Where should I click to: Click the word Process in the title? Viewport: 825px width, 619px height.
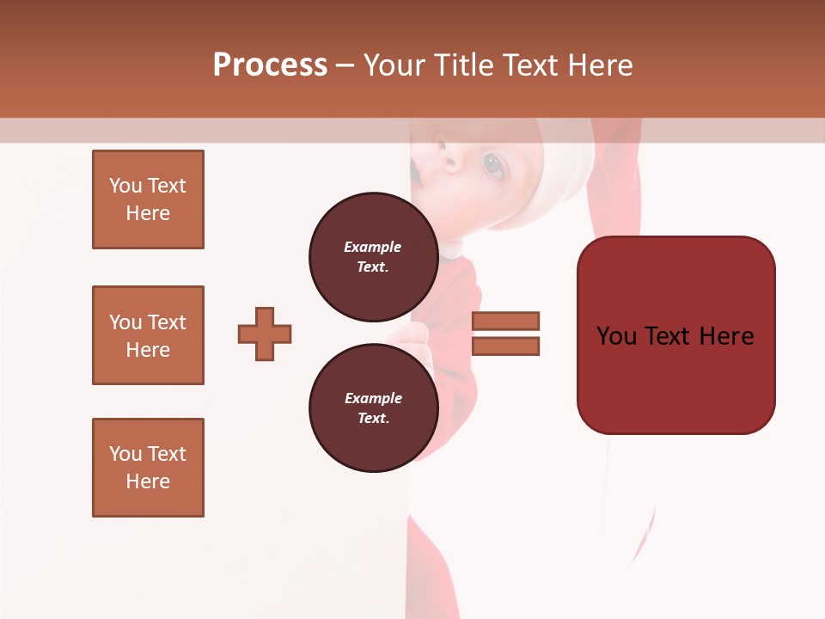(x=270, y=65)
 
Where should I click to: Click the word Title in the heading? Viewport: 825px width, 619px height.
(x=462, y=65)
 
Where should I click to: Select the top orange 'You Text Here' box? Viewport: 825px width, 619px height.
(x=148, y=199)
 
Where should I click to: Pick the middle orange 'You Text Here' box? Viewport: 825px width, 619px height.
(x=148, y=335)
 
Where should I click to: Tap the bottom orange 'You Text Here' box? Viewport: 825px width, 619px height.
(x=148, y=468)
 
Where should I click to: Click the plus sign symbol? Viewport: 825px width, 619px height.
(x=265, y=334)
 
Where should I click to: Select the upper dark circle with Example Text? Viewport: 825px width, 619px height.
(x=373, y=257)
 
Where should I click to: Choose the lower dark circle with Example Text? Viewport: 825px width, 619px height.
(x=373, y=408)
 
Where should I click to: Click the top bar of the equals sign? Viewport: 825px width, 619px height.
(x=505, y=321)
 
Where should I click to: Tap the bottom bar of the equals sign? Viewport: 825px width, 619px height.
(x=505, y=346)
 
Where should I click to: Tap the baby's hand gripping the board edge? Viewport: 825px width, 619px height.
(x=419, y=344)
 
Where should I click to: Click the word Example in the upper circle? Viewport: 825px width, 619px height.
(x=373, y=247)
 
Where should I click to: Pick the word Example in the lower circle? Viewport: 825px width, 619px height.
(x=373, y=398)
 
